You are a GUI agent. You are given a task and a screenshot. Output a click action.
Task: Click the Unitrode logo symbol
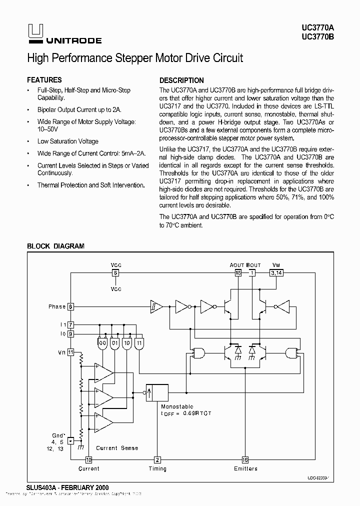32,31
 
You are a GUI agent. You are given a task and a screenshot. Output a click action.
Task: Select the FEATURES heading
44,80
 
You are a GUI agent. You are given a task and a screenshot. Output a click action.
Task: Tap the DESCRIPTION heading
181,80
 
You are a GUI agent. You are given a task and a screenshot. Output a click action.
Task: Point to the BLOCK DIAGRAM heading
55,246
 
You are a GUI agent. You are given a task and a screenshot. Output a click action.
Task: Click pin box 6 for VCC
115,273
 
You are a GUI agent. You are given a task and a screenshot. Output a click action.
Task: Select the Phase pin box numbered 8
70,306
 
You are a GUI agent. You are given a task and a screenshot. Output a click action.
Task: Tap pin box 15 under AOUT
238,273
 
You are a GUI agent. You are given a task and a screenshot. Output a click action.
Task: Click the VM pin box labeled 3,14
276,273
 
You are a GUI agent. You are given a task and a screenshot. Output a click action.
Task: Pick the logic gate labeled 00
102,343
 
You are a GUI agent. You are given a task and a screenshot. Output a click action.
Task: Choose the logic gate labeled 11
139,343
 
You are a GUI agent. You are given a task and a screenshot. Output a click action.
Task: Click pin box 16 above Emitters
245,460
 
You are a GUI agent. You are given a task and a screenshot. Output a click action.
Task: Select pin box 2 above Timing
157,460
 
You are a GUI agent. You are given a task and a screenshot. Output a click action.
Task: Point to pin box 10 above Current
88,460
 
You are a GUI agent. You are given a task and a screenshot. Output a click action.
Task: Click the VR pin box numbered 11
70,352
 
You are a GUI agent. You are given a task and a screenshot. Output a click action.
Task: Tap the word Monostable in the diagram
177,407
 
